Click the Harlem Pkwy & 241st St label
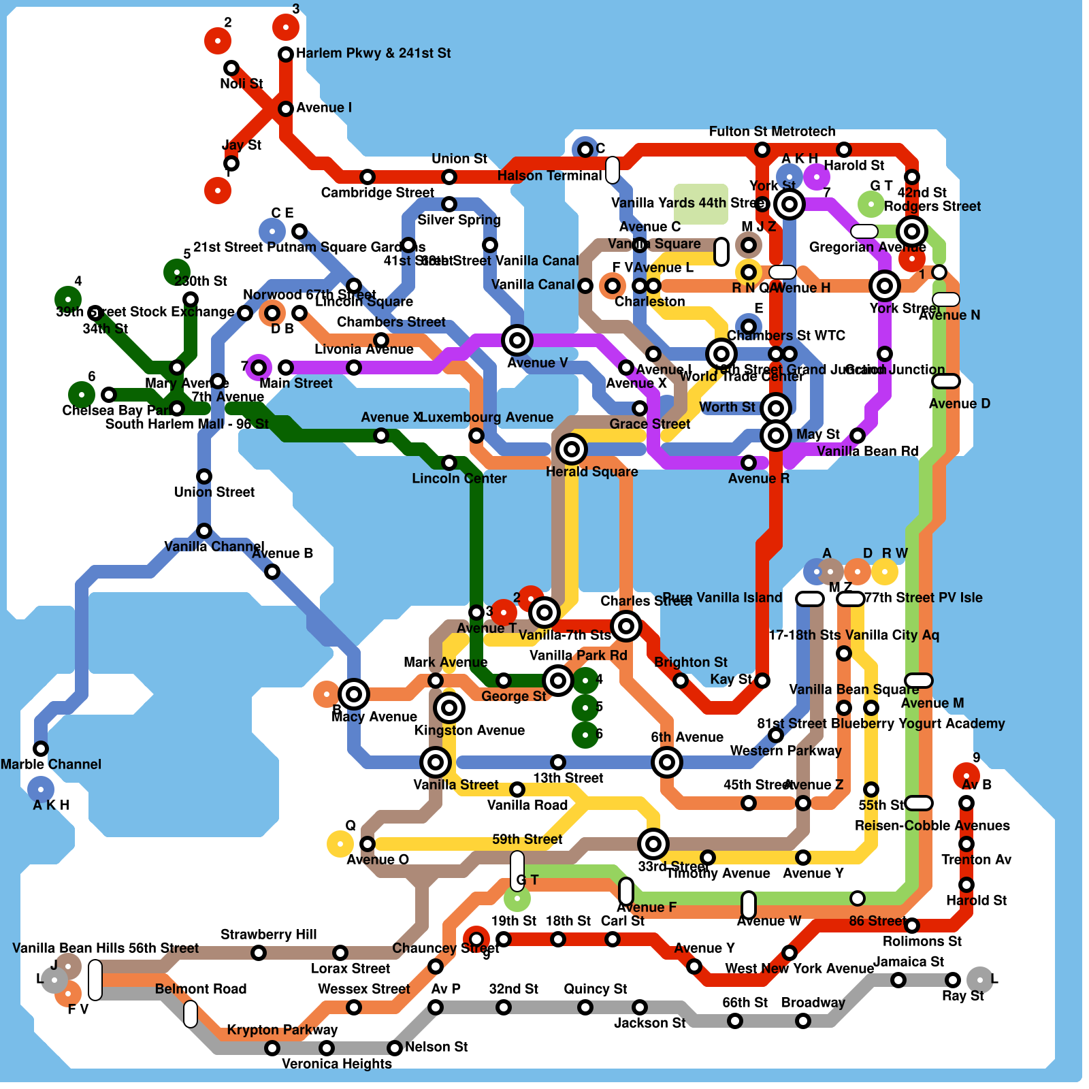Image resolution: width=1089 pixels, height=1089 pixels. (373, 53)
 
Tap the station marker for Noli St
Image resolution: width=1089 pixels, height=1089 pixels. (231, 68)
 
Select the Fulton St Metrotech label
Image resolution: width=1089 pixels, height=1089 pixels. (772, 131)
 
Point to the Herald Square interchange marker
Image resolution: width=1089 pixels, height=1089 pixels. (572, 449)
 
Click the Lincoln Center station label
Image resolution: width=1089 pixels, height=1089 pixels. (459, 478)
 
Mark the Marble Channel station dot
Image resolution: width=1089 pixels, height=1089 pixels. (41, 749)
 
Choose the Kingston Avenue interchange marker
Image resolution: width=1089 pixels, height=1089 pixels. (449, 708)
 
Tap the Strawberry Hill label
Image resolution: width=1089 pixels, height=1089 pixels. (268, 934)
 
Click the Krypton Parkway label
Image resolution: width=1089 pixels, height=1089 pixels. (282, 1030)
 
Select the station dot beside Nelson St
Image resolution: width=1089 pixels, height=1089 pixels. (395, 1048)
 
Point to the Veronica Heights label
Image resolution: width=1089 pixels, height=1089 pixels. (336, 1064)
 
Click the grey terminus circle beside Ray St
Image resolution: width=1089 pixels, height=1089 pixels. (980, 980)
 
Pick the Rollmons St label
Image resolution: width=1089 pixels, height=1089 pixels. (922, 941)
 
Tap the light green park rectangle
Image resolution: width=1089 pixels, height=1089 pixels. (701, 204)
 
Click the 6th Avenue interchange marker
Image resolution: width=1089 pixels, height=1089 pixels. (667, 762)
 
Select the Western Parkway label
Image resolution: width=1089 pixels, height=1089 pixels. (785, 751)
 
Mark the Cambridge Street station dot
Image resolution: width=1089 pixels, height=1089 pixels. (368, 177)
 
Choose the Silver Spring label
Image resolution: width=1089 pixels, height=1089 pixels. (459, 220)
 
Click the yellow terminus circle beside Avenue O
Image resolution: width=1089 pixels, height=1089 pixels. (340, 844)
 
